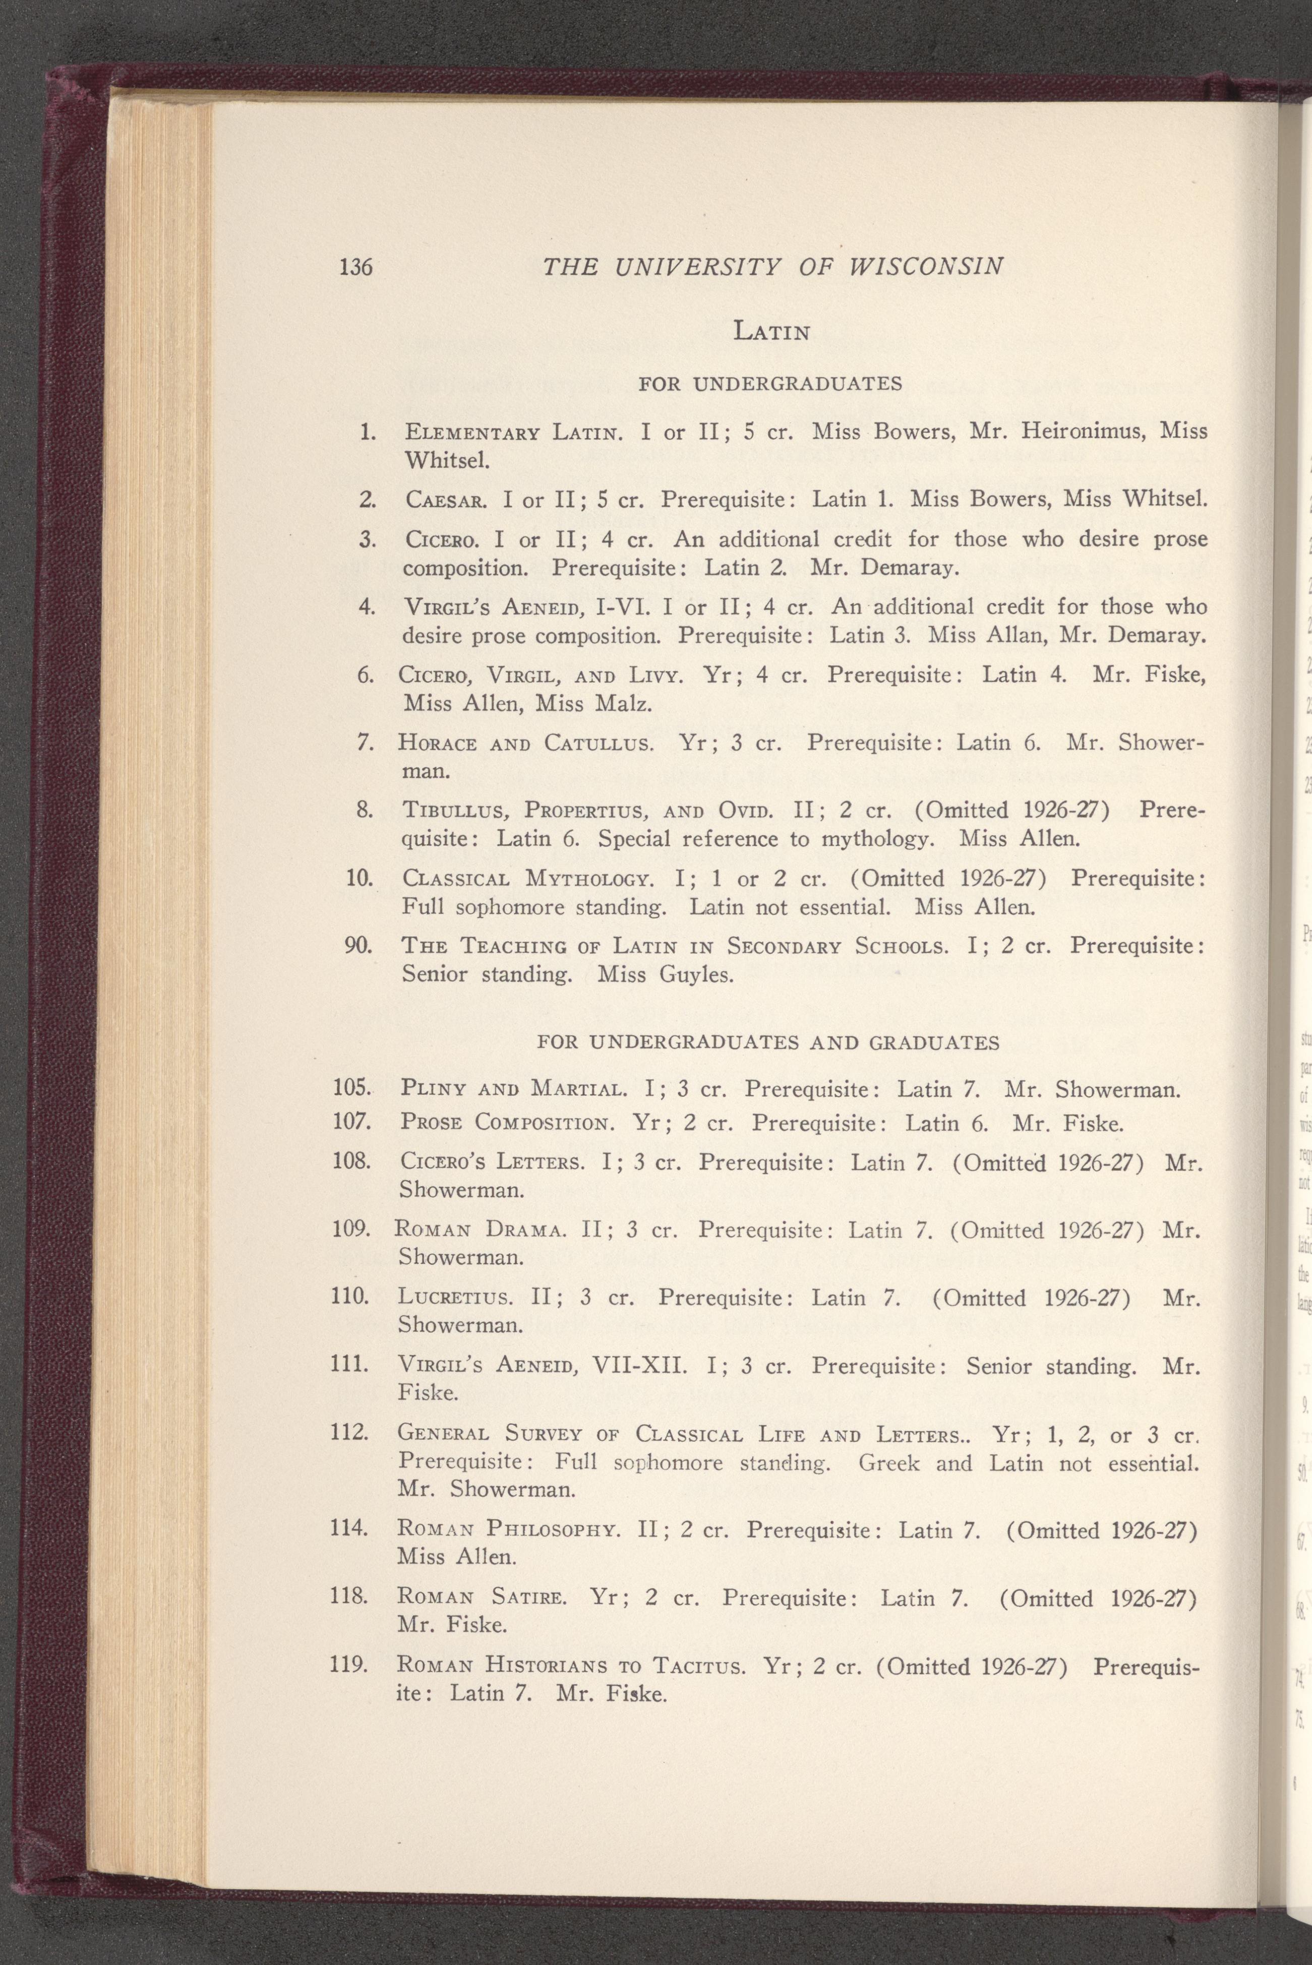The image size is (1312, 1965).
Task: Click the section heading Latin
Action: click(771, 332)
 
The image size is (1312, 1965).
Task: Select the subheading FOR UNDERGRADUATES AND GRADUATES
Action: click(767, 1042)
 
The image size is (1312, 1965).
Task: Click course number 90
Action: click(358, 946)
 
